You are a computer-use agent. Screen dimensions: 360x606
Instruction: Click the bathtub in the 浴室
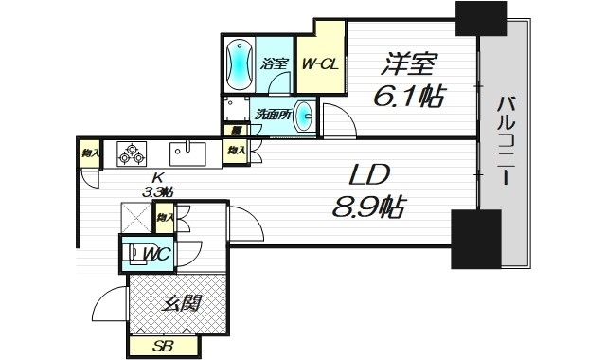point(239,63)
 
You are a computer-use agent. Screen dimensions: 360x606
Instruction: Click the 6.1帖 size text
point(408,97)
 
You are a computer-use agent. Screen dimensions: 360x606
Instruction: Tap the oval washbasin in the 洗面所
point(303,117)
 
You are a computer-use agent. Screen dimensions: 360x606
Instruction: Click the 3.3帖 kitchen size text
point(158,191)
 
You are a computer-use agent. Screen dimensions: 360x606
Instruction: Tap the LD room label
point(370,176)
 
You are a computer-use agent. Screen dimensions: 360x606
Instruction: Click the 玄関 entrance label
point(181,303)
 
